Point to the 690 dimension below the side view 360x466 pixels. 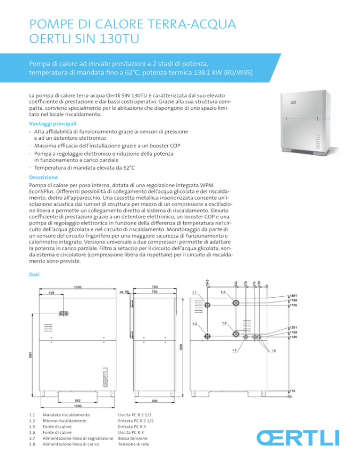[154, 401]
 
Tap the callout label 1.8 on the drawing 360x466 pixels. [274, 350]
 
